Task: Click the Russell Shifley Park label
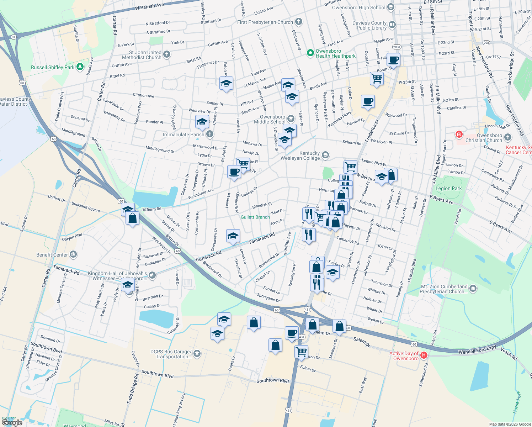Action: click(53, 67)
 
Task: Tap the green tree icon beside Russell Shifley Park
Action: click(80, 67)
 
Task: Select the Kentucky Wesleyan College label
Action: click(300, 155)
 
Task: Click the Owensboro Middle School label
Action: click(272, 119)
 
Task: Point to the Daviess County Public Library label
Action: click(369, 25)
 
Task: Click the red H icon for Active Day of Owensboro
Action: click(424, 355)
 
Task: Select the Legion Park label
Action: click(448, 188)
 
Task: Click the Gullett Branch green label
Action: click(255, 217)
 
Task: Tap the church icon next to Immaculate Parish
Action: click(210, 134)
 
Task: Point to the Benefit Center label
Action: click(52, 255)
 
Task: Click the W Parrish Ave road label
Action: click(149, 6)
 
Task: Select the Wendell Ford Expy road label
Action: click(477, 349)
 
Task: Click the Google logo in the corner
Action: click(12, 422)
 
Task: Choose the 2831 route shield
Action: click(397, 47)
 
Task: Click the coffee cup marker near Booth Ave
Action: click(393, 59)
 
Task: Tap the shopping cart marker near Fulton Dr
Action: click(301, 352)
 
